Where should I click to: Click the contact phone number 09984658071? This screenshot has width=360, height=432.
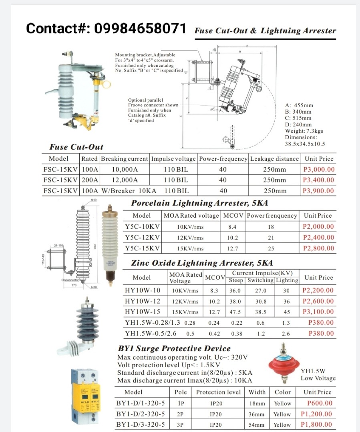tap(140, 29)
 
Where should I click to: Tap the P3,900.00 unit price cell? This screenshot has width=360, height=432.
tap(318, 191)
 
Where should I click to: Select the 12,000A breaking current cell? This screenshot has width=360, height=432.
tap(125, 180)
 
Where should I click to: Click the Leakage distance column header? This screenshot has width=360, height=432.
tap(274, 159)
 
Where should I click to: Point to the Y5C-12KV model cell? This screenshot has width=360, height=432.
tap(142, 237)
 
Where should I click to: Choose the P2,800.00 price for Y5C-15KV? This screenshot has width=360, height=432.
tap(318, 248)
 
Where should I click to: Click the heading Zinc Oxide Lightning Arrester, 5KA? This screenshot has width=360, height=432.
tap(202, 263)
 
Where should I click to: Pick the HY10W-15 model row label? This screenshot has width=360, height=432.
tap(143, 312)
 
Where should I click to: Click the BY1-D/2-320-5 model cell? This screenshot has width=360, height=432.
tap(140, 414)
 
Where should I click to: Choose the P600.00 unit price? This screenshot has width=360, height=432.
tap(320, 403)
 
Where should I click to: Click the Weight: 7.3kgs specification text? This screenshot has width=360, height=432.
tap(304, 131)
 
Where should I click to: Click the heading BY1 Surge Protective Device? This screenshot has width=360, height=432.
tap(174, 348)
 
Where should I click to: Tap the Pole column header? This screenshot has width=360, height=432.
tap(181, 392)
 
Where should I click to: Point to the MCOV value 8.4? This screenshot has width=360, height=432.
tap(232, 227)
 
